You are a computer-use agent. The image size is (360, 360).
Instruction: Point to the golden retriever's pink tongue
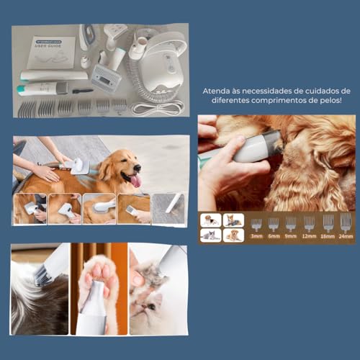pos(135,180)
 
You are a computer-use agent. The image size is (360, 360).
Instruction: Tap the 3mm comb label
pos(257,236)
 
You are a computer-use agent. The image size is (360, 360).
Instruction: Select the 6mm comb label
pos(274,236)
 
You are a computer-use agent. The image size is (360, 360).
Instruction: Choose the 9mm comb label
pos(291,236)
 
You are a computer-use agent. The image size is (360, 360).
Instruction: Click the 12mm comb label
pos(309,236)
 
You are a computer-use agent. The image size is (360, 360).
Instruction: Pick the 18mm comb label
pos(328,236)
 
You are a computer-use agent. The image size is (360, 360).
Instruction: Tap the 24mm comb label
pos(346,236)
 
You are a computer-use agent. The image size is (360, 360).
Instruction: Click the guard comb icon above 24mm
pos(346,222)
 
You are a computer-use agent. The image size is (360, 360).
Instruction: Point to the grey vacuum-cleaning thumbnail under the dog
pos(171,210)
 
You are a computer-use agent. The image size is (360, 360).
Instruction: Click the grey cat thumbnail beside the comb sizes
pos(212,235)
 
